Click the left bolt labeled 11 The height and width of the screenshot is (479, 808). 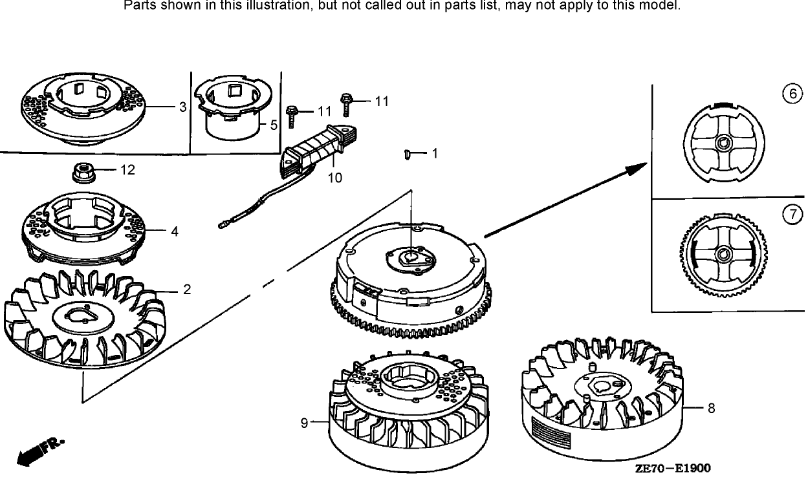point(292,116)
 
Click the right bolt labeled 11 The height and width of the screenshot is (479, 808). point(346,103)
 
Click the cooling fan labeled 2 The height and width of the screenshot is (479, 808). point(84,323)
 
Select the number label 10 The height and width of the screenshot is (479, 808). point(334,178)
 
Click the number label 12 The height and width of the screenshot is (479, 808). point(127,170)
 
